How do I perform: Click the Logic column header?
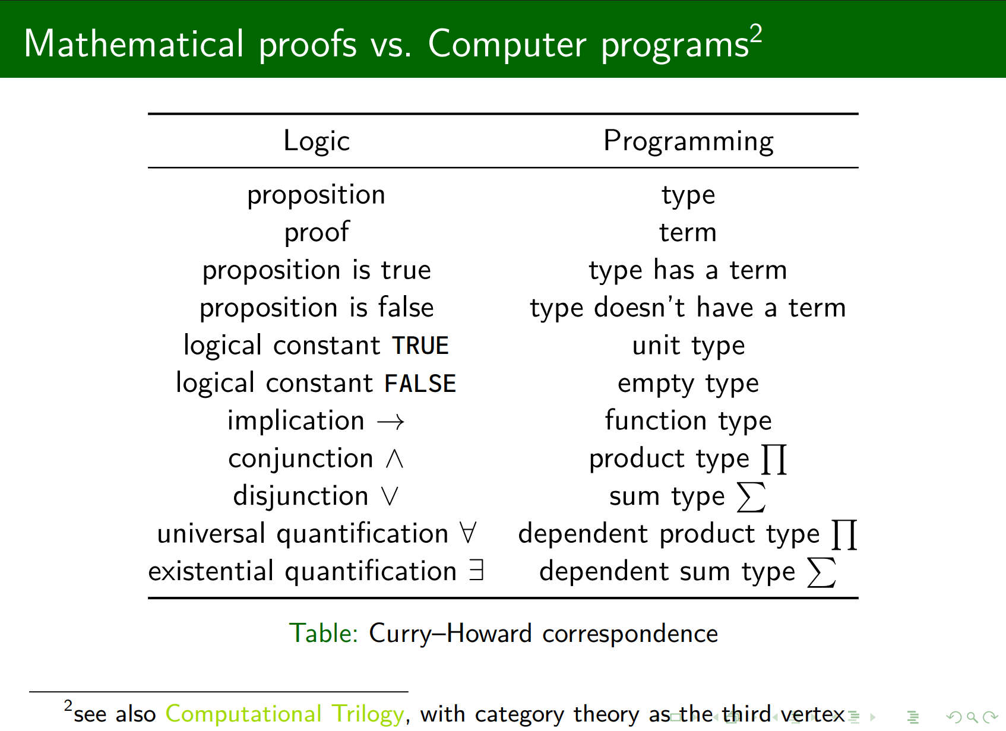pos(317,141)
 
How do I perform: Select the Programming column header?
pos(688,141)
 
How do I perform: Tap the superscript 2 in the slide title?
pos(757,33)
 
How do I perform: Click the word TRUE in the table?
pos(420,346)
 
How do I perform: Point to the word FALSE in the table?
pos(420,384)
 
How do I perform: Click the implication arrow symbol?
pos(390,422)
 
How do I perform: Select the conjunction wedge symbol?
pos(394,459)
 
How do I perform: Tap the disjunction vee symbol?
pos(390,496)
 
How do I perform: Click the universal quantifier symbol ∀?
pos(468,533)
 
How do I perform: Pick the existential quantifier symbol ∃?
pos(476,571)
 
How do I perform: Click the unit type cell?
pos(688,346)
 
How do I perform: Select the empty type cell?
pos(688,384)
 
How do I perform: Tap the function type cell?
pos(688,421)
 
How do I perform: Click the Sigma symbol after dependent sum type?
pos(821,572)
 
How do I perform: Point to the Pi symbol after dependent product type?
pos(844,535)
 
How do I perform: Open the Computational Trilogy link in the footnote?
pos(284,714)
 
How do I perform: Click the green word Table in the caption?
pos(323,634)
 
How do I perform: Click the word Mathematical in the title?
pos(134,43)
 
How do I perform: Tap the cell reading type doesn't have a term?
pos(688,308)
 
